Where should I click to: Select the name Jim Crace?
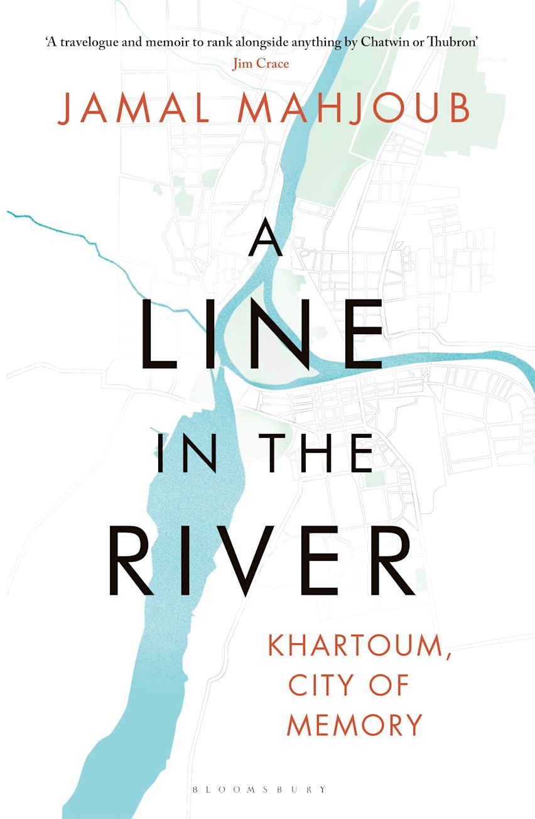[260, 63]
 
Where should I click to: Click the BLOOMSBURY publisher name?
[267, 789]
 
